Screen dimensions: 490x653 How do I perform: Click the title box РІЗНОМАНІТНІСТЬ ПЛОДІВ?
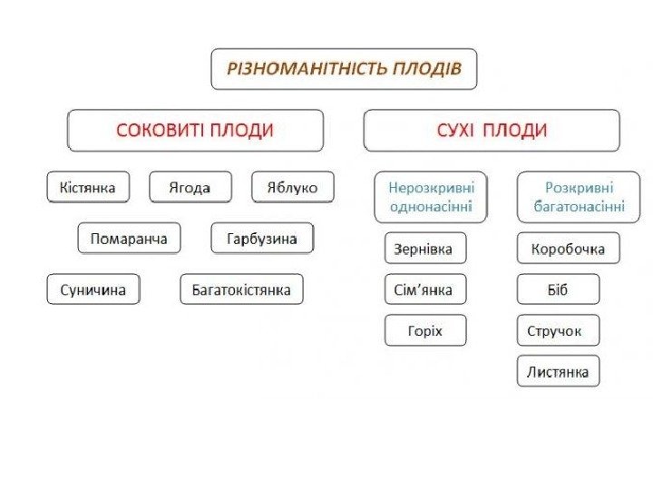pyautogui.click(x=344, y=69)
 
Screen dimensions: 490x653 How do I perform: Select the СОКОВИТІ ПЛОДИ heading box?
pyautogui.click(x=195, y=131)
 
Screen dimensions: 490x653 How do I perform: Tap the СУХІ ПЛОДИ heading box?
pyautogui.click(x=492, y=131)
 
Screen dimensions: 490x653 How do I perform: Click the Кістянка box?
pyautogui.click(x=88, y=188)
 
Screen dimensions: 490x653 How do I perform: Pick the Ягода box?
pyautogui.click(x=190, y=188)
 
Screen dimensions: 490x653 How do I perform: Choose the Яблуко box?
pyautogui.click(x=292, y=188)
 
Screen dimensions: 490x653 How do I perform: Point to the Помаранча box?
pyautogui.click(x=129, y=239)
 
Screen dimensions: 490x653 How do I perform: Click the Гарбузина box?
pyautogui.click(x=262, y=239)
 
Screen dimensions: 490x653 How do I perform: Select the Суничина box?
pyautogui.click(x=93, y=289)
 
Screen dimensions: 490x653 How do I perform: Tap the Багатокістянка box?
pyautogui.click(x=241, y=289)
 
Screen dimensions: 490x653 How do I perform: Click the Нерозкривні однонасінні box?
pyautogui.click(x=431, y=197)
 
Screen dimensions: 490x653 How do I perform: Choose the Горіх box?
pyautogui.click(x=425, y=330)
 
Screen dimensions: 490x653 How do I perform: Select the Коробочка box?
pyautogui.click(x=568, y=248)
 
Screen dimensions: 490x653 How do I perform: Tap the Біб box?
pyautogui.click(x=558, y=289)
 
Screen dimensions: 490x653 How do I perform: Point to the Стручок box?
pyautogui.click(x=554, y=330)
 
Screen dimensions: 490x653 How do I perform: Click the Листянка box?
pyautogui.click(x=558, y=371)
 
